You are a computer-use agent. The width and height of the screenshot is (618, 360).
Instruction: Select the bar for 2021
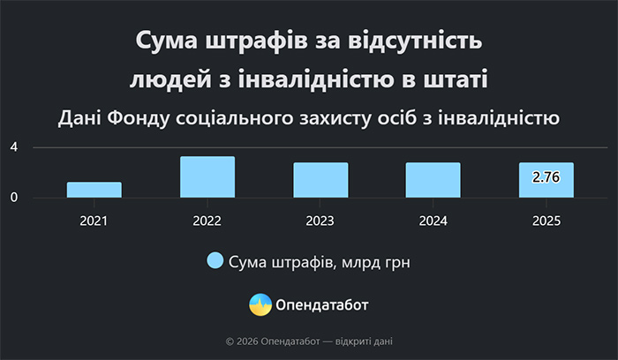click(94, 190)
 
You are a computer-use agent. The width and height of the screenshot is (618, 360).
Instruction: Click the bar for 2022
click(207, 177)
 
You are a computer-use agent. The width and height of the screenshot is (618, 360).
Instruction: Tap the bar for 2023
click(320, 180)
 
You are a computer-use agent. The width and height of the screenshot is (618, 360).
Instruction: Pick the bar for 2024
click(433, 180)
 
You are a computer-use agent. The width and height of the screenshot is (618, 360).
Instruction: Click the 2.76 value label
click(546, 177)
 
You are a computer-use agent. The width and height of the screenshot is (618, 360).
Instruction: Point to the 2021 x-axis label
click(94, 221)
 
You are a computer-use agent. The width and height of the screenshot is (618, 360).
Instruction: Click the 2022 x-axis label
click(207, 221)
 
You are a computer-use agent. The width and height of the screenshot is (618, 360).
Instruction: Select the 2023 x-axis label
click(320, 221)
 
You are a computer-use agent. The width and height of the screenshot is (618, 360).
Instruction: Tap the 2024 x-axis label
click(433, 221)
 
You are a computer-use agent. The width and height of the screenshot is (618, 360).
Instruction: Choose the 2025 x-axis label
click(546, 221)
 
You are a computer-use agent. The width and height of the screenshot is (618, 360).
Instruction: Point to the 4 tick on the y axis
click(14, 146)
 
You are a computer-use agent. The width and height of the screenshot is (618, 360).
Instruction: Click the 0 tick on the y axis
click(14, 198)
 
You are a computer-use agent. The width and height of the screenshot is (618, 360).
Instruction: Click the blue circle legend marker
click(215, 261)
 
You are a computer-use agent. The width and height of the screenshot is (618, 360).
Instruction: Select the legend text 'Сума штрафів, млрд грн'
click(320, 262)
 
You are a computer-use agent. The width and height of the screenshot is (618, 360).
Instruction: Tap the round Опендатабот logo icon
click(260, 304)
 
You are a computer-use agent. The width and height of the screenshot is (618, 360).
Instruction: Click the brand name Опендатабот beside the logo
click(322, 305)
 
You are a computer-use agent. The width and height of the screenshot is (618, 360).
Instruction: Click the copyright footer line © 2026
click(309, 341)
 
